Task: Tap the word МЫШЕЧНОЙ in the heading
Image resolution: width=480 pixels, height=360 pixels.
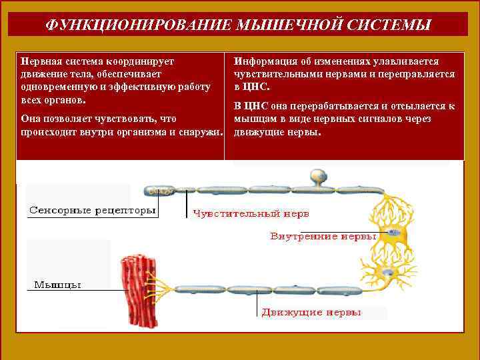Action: (x=283, y=25)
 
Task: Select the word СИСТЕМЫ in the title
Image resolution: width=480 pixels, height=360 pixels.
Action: (x=388, y=25)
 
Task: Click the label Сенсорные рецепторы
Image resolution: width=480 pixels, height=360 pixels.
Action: (x=92, y=211)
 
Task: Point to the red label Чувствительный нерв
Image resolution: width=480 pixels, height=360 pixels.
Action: (x=251, y=214)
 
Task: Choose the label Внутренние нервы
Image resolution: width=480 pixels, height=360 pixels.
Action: (x=323, y=236)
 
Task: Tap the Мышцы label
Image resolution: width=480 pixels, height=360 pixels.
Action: (x=57, y=285)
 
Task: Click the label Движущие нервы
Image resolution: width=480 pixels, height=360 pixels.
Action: (x=311, y=311)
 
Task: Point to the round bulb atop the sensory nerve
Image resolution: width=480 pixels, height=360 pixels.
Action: (x=317, y=177)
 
